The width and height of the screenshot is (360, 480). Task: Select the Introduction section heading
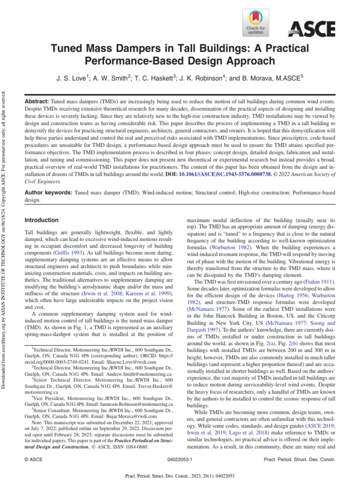(x=41, y=220)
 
